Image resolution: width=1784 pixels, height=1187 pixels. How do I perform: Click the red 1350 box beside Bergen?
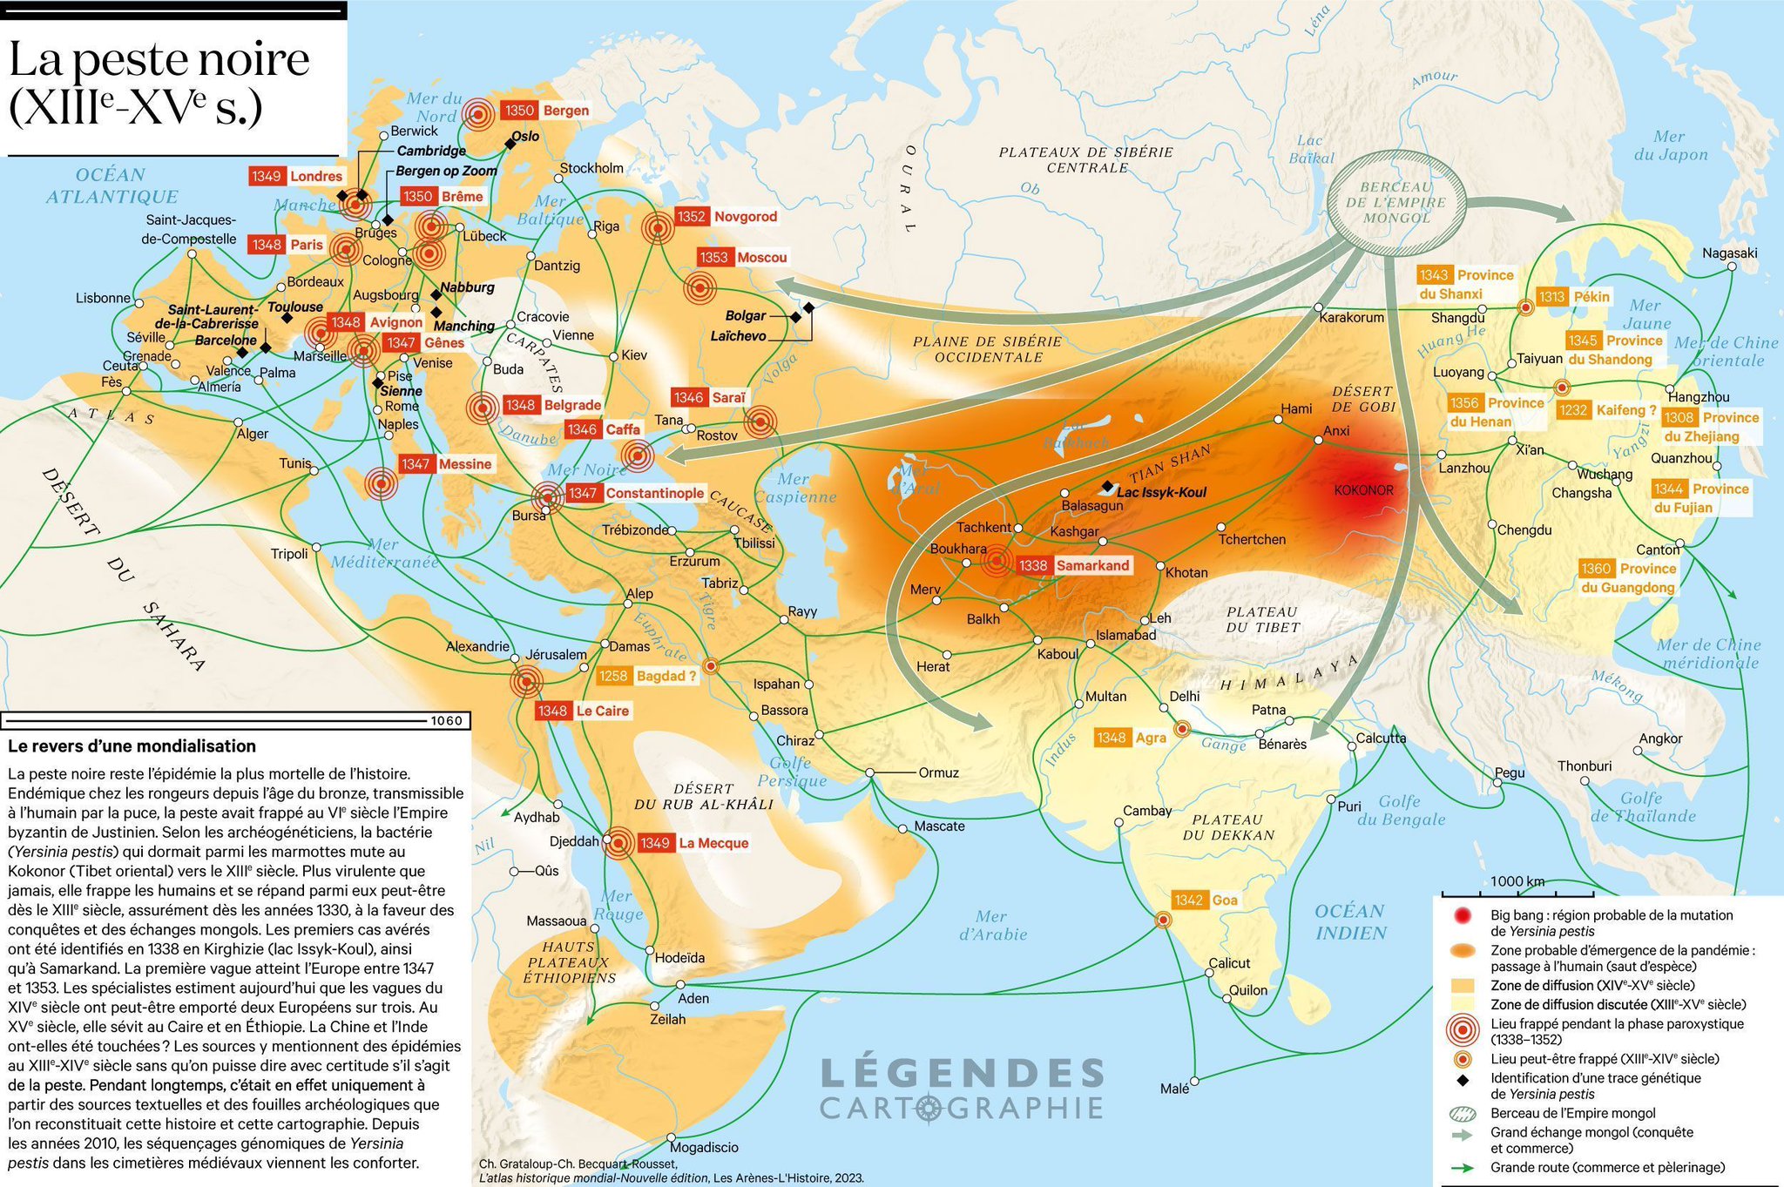518,111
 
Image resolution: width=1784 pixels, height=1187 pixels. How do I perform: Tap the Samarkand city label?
1092,565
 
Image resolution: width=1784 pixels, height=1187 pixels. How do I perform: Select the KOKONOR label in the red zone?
1363,490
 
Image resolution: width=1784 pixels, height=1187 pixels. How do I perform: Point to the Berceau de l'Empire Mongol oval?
1395,202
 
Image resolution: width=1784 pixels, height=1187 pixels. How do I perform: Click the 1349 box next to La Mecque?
654,843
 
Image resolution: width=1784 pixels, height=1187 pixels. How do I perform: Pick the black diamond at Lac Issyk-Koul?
1106,486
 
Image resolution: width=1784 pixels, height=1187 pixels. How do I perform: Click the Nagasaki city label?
1730,253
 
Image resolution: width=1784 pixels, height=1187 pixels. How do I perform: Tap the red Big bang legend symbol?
1463,915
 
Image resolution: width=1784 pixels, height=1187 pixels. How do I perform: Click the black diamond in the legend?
1463,1080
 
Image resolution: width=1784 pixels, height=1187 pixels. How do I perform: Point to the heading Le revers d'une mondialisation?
132,746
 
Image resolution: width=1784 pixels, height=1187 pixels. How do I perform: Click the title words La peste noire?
159,59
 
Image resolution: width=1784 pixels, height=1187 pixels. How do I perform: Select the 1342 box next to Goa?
1188,900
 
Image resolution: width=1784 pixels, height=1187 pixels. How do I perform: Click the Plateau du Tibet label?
1262,619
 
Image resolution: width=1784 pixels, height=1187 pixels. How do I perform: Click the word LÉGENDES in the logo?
963,1073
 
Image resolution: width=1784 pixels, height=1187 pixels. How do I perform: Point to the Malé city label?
1174,1089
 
